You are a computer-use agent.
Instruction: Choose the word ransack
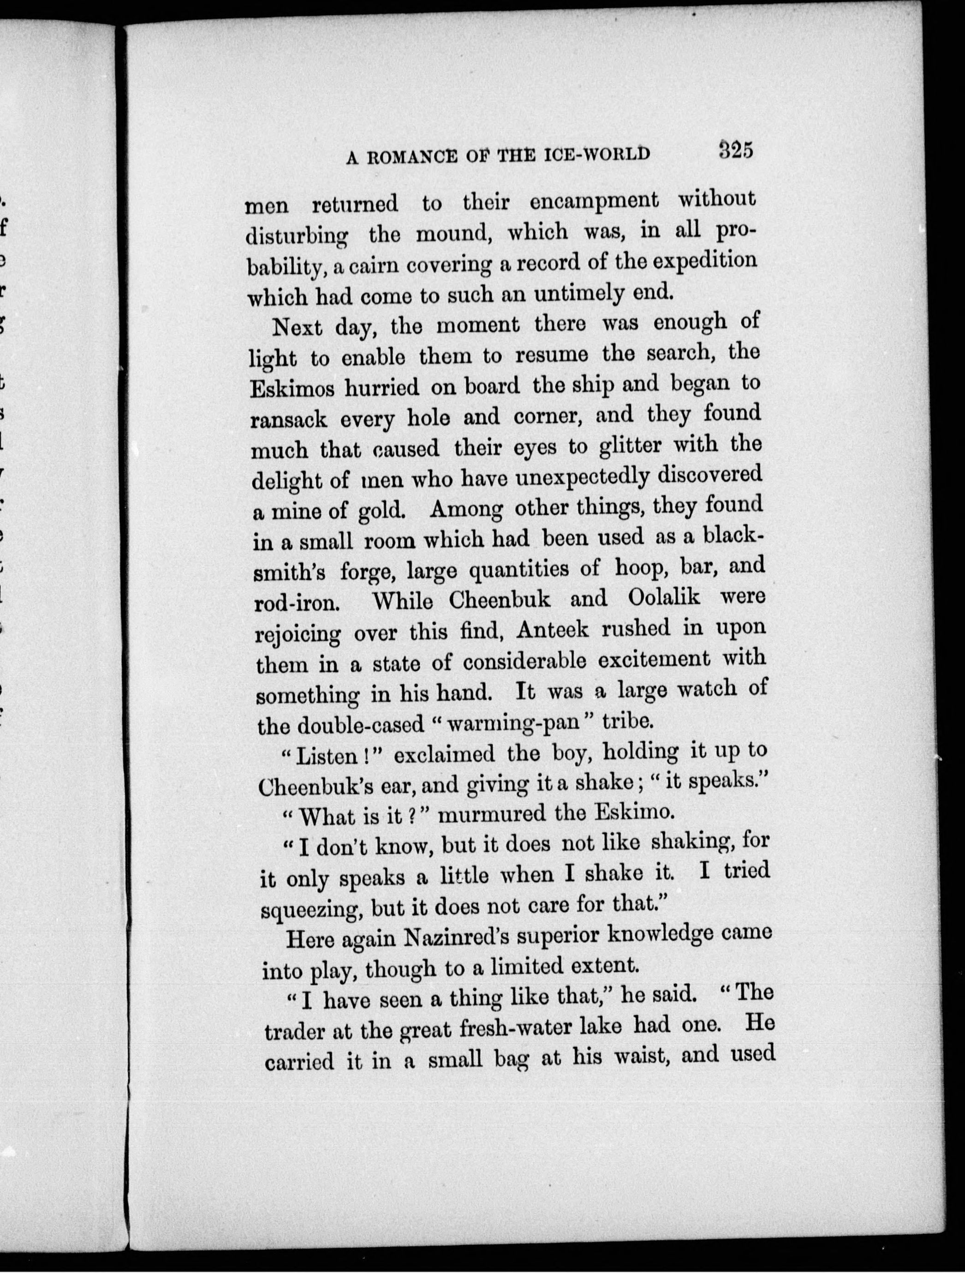tap(288, 420)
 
